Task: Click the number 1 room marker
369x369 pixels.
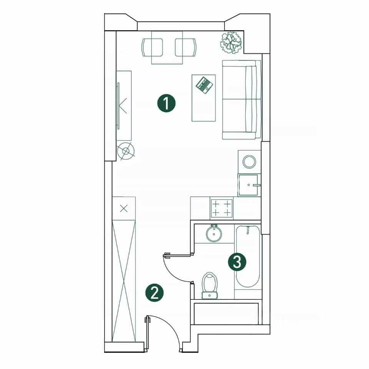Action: (x=166, y=103)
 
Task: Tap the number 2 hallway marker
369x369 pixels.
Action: (x=155, y=293)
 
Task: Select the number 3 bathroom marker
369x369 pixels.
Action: (x=237, y=262)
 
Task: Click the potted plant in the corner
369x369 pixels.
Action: (x=231, y=43)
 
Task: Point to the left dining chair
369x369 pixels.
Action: (x=152, y=48)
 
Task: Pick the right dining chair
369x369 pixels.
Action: (x=186, y=48)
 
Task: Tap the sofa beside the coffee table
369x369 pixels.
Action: (x=242, y=100)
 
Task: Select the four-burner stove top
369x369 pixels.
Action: (x=221, y=208)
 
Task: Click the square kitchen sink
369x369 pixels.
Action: (x=248, y=185)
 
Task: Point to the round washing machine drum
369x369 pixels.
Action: (x=249, y=162)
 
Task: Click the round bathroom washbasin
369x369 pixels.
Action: (x=214, y=234)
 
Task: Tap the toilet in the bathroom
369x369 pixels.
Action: (x=210, y=286)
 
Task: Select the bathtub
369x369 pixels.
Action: (x=248, y=256)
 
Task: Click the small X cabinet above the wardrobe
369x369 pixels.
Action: (x=124, y=208)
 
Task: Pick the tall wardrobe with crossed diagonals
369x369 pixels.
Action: (x=124, y=281)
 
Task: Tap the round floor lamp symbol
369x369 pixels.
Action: (x=126, y=151)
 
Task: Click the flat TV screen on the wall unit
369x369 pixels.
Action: (x=118, y=106)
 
